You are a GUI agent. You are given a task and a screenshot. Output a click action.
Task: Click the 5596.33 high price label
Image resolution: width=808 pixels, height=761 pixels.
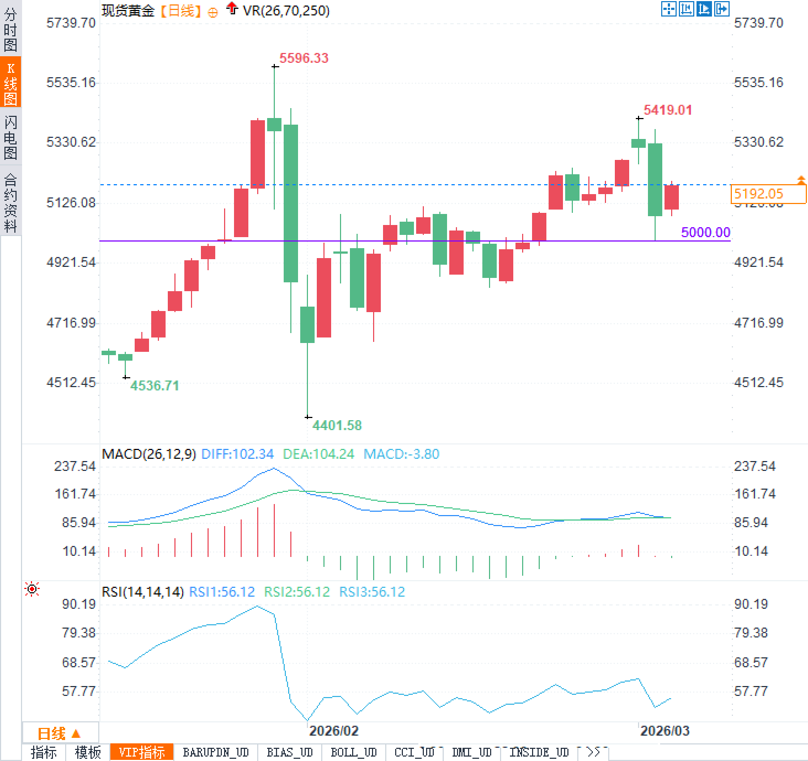pos(304,58)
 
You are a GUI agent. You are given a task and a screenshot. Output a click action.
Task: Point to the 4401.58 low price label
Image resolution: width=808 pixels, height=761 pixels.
pos(337,425)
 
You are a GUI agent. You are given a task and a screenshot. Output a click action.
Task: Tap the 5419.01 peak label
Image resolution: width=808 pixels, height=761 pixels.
pos(667,110)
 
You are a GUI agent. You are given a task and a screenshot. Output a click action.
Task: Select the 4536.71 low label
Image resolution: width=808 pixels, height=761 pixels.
pos(155,385)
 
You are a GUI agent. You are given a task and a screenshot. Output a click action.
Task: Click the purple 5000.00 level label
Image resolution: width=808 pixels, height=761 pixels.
pos(705,232)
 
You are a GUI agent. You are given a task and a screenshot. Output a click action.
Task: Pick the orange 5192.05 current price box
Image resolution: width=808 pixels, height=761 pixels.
pos(768,194)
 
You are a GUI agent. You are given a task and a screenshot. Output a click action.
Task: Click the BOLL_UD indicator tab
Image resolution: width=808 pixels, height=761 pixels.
pos(353,752)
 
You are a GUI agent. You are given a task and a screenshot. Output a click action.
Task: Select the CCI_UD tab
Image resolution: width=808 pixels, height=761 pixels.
pos(414,752)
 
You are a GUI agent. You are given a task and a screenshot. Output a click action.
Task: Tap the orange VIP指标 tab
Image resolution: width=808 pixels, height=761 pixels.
pos(142,752)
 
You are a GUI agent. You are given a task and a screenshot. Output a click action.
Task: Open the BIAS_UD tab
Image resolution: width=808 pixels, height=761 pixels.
pos(289,752)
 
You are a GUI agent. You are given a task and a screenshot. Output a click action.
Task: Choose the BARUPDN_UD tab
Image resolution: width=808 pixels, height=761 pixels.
pos(215,752)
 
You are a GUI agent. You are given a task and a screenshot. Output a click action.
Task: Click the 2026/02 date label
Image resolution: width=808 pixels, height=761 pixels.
pos(333,731)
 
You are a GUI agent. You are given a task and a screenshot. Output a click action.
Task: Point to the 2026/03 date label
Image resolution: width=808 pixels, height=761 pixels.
pos(665,731)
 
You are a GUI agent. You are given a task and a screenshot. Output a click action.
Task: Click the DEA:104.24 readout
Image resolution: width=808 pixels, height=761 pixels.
pos(318,454)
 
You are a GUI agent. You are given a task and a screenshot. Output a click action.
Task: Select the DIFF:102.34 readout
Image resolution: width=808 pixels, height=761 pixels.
pos(237,454)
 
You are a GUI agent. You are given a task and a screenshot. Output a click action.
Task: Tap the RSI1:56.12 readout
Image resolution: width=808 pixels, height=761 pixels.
pos(222,592)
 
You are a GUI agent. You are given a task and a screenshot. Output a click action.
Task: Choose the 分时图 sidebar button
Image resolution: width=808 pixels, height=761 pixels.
pos(10,29)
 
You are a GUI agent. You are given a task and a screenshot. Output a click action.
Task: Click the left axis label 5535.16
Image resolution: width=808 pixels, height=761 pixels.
pos(71,83)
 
